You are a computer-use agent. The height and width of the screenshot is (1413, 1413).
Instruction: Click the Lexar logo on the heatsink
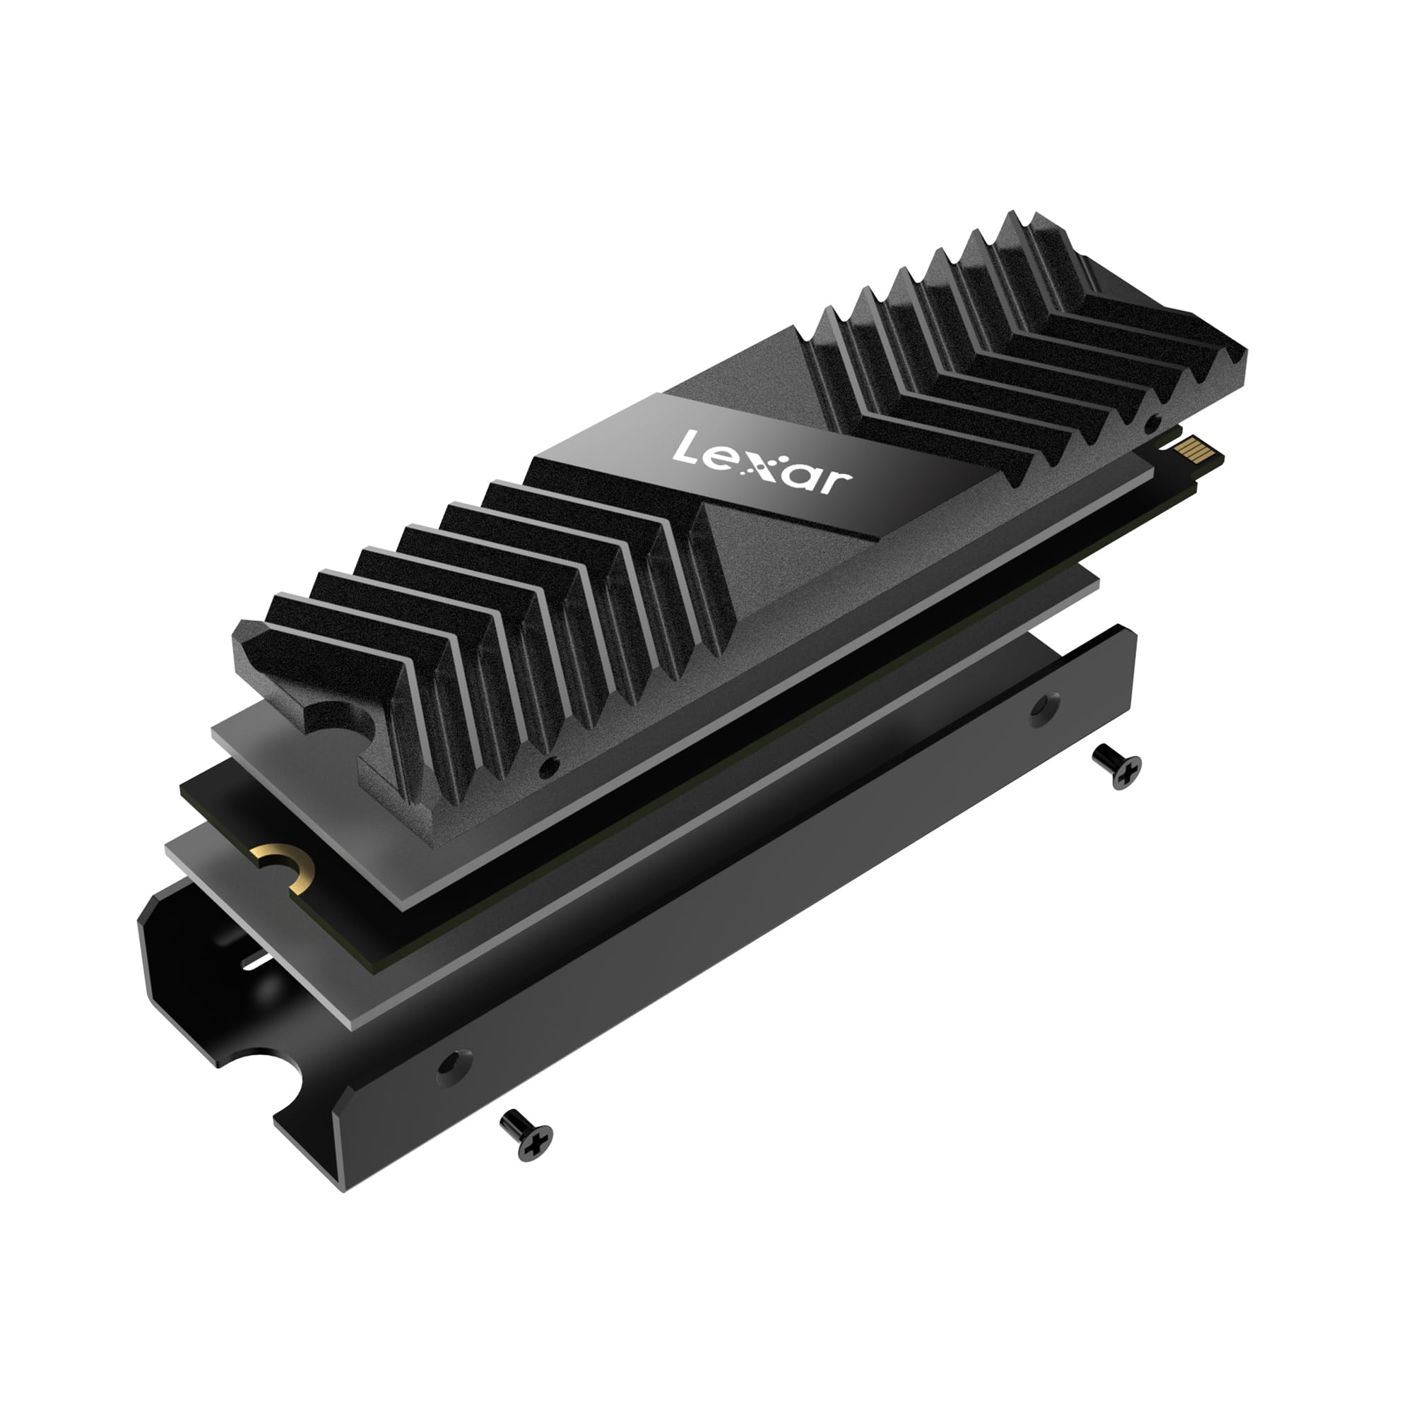[762, 462]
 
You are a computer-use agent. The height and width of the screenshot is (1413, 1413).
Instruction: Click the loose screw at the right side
[1116, 767]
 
